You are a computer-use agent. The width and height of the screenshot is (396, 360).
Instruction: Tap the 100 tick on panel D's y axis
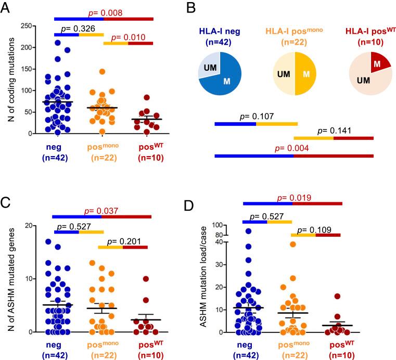point(225,225)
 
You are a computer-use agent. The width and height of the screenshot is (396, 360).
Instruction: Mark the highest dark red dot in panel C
point(146,279)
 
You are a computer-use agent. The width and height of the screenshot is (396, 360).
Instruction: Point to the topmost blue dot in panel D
point(249,232)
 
